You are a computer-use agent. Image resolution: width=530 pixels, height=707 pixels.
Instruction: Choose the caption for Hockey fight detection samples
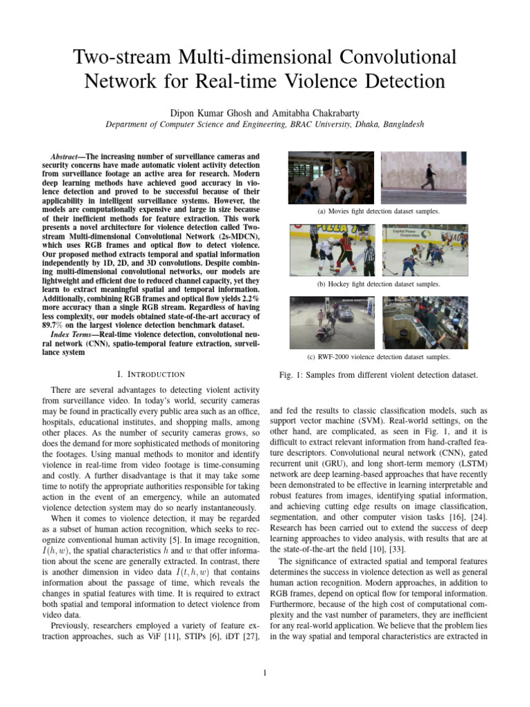coord(377,284)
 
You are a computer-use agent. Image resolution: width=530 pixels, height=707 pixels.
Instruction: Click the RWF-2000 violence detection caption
coord(377,357)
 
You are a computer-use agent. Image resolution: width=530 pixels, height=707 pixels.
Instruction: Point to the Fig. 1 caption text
coord(377,375)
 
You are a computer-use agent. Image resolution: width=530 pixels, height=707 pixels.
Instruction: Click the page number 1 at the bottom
coord(265,674)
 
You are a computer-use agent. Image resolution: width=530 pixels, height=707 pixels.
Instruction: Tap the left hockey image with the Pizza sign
coord(333,249)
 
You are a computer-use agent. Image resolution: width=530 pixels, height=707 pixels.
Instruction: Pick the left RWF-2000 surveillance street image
coord(333,322)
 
